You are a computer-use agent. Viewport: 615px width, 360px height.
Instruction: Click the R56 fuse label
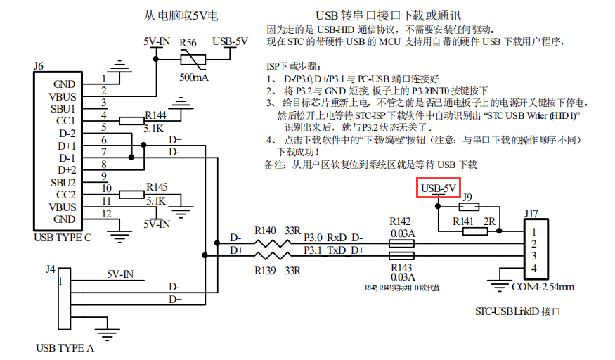[x=188, y=43]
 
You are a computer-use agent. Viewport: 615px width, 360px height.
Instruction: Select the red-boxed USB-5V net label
[x=439, y=189]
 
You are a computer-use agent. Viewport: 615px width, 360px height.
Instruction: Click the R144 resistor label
[x=156, y=114]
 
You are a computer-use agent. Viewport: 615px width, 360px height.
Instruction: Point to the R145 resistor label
[x=156, y=188]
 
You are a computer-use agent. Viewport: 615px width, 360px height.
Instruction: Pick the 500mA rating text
[x=194, y=77]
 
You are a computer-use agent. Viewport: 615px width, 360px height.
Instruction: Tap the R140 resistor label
[x=266, y=230]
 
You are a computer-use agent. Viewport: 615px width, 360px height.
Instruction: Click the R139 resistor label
[x=266, y=271]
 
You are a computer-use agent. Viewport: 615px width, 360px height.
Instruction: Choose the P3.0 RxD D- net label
[x=334, y=237]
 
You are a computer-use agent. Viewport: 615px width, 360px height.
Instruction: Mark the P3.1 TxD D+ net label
[x=334, y=250]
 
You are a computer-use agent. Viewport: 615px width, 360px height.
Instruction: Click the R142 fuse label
[x=401, y=222]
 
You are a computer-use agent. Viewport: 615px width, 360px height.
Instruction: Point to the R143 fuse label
[x=401, y=268]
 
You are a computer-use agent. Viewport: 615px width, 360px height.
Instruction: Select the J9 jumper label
[x=467, y=198]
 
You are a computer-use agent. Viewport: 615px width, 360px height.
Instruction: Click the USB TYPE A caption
[x=65, y=347]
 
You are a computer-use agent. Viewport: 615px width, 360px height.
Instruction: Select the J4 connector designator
[x=49, y=268]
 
